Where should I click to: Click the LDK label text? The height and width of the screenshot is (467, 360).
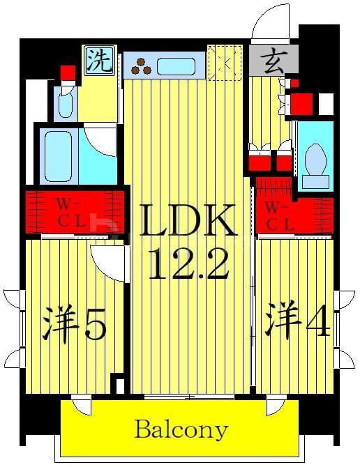click(x=188, y=221)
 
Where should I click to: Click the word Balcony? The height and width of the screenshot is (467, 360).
click(x=181, y=429)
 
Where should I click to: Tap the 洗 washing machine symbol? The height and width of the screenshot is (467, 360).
click(x=99, y=61)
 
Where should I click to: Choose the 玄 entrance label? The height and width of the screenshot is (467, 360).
click(x=273, y=61)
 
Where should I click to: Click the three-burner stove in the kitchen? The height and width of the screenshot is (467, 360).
click(x=142, y=66)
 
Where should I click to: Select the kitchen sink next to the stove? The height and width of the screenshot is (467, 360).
click(x=175, y=67)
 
